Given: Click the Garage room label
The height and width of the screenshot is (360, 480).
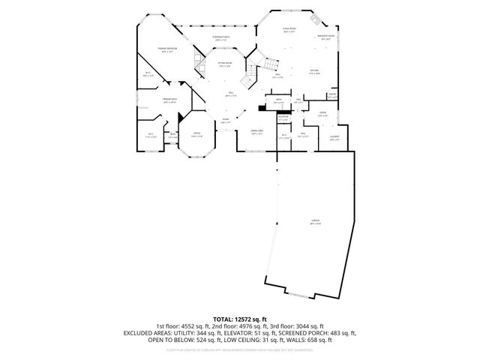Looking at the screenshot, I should [x=315, y=221].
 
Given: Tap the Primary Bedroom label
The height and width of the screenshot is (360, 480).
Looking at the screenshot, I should [x=166, y=49].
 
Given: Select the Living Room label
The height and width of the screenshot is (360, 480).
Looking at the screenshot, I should [x=289, y=31].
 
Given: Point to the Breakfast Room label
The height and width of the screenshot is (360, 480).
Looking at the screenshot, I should [x=325, y=37].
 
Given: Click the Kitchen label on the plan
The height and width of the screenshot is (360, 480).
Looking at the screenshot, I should [x=315, y=72].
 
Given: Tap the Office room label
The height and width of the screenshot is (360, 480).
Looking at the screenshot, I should [x=197, y=135].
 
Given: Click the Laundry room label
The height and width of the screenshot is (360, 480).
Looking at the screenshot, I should [x=334, y=138].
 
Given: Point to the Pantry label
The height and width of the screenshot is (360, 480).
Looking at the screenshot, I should [x=332, y=96].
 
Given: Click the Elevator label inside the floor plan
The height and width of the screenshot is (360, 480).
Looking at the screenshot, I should [x=283, y=118].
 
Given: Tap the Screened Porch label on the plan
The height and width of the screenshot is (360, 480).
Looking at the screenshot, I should [x=221, y=38].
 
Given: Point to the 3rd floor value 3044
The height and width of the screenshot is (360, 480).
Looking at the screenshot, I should [x=309, y=326].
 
